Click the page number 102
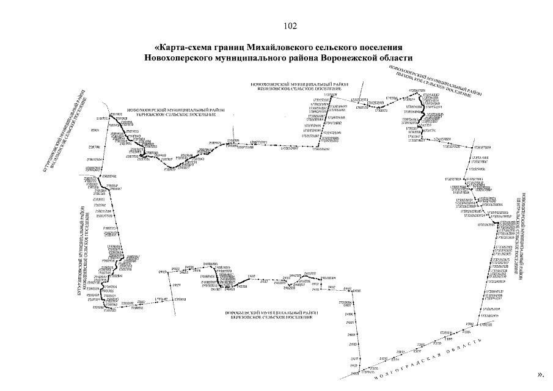click(x=290, y=26)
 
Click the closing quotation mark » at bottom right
click(x=541, y=372)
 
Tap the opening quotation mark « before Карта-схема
click(x=157, y=48)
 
